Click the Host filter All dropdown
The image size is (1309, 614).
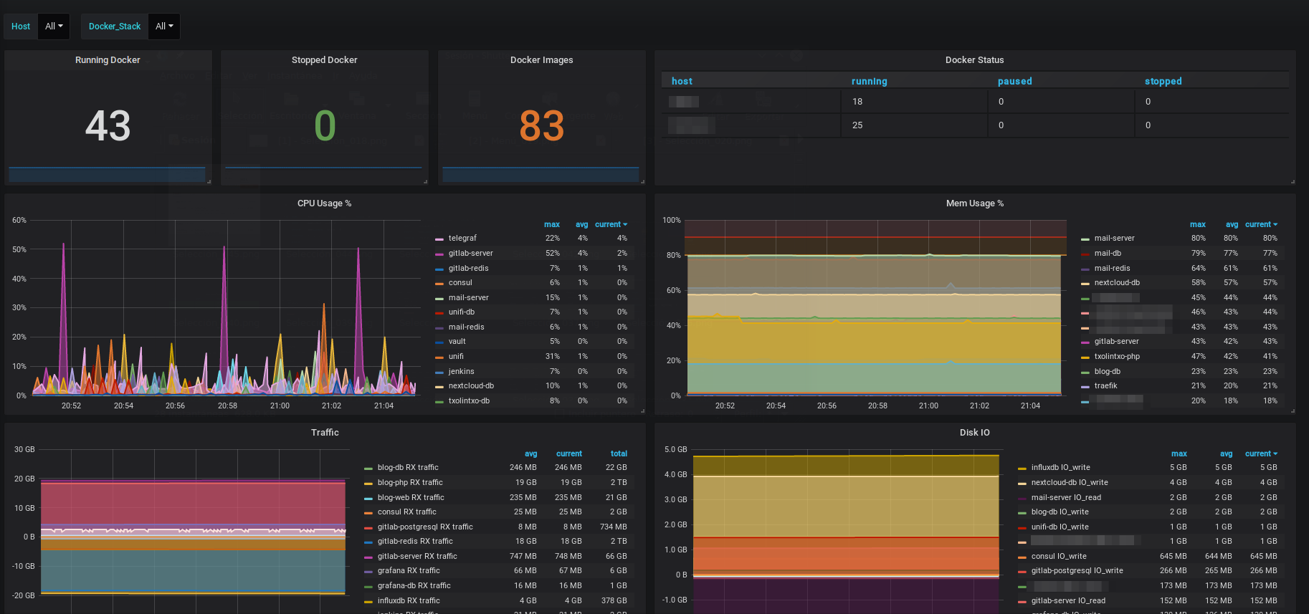[54, 27]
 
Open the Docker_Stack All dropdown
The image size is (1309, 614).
[164, 27]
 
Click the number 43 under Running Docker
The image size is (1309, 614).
[108, 126]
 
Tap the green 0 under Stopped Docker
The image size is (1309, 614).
[325, 126]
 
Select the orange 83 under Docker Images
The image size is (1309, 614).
[541, 126]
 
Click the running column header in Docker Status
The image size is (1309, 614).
[869, 82]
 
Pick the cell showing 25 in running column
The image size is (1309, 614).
[857, 125]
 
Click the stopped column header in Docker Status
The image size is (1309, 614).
[1163, 82]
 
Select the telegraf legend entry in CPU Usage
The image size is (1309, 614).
[462, 239]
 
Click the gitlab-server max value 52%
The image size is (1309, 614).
[552, 253]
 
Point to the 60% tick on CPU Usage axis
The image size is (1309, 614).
[19, 221]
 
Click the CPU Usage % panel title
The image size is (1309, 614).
[324, 203]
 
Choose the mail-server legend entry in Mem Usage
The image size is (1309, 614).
[1114, 239]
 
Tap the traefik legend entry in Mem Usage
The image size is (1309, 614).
[1105, 386]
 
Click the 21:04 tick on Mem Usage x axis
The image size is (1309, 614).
[1030, 406]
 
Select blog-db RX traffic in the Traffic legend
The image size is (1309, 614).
[408, 468]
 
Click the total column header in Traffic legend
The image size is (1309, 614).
[619, 454]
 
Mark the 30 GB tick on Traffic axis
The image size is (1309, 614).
[24, 450]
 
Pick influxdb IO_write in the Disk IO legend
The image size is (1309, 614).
[1060, 468]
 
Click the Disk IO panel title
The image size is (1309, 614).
[974, 433]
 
